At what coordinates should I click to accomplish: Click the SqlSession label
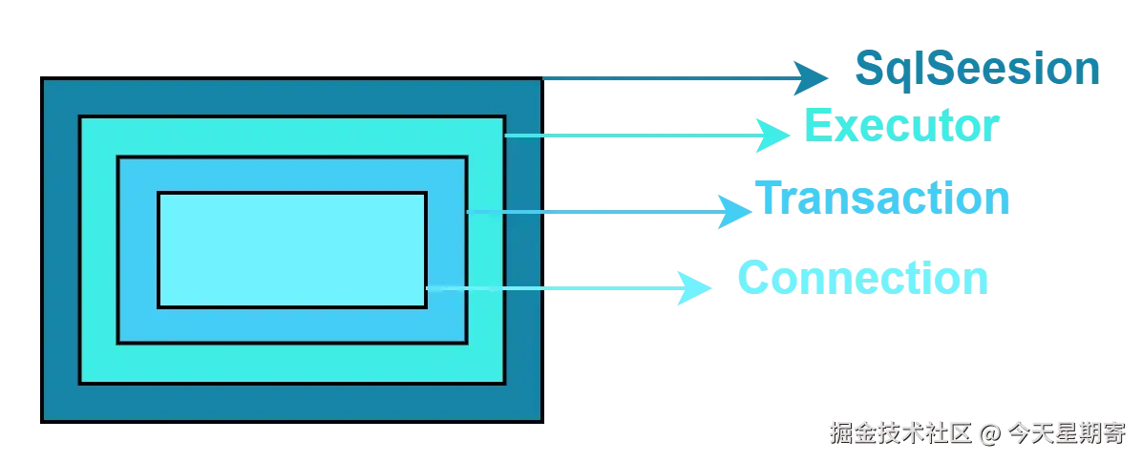click(976, 69)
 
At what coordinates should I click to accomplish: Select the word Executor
click(899, 126)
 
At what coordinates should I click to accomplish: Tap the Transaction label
click(884, 199)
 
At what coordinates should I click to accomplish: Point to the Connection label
click(863, 280)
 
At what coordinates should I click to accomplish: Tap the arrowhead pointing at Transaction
click(733, 211)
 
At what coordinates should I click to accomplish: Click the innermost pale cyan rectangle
click(291, 249)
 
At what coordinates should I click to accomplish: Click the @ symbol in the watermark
click(988, 432)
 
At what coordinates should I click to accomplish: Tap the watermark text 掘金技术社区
click(899, 432)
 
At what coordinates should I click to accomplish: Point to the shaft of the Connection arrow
click(554, 287)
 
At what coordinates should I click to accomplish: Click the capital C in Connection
click(753, 280)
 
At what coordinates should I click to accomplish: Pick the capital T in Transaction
click(771, 198)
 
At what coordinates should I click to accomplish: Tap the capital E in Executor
click(816, 126)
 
